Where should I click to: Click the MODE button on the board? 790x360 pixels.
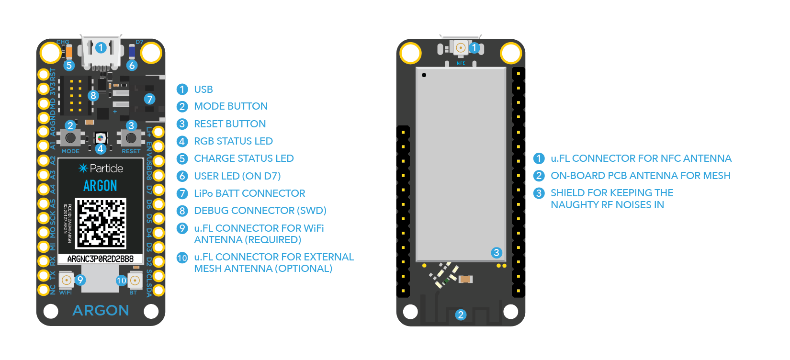tap(70, 138)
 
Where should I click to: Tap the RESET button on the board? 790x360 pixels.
tap(131, 138)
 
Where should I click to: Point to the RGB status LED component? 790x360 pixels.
tap(101, 138)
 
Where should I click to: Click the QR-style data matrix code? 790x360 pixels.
tap(101, 223)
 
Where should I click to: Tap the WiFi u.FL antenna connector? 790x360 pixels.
tap(66, 280)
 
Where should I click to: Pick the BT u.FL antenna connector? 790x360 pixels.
tap(135, 280)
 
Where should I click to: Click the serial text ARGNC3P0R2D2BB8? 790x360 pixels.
tap(101, 259)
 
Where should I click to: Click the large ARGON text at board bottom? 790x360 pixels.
tap(101, 311)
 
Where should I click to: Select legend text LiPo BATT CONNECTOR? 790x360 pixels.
tap(249, 193)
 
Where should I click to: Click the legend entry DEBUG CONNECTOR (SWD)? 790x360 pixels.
tap(260, 211)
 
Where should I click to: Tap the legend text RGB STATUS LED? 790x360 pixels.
tap(233, 141)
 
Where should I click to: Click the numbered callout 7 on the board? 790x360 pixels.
tap(150, 99)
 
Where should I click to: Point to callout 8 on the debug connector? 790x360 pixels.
tap(93, 95)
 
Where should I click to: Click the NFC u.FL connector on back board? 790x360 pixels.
tap(461, 47)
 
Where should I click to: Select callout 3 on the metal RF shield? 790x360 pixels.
tap(497, 252)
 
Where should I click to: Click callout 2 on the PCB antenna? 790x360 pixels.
tap(461, 315)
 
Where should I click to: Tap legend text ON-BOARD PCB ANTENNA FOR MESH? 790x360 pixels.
tap(640, 176)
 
